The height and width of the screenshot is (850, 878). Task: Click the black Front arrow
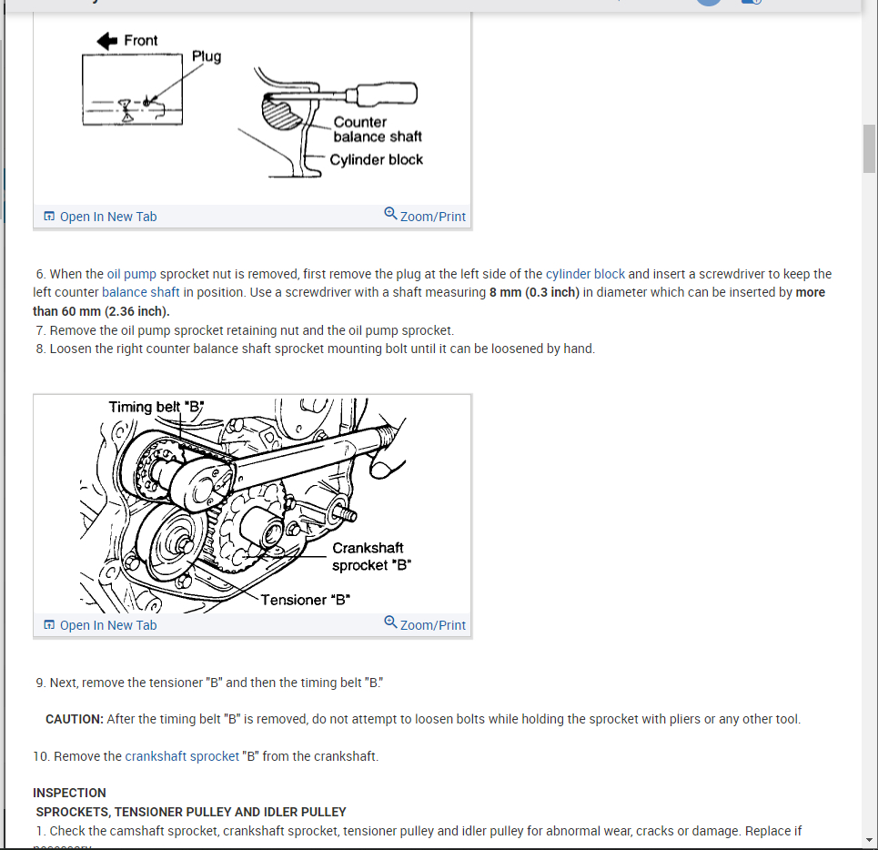point(107,40)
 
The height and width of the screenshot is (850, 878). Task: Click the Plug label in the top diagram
point(207,56)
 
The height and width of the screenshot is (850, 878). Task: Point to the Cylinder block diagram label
point(376,159)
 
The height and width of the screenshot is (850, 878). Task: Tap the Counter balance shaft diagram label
point(377,129)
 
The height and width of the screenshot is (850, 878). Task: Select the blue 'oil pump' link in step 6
point(132,274)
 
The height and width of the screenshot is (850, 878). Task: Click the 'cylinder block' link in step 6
point(585,274)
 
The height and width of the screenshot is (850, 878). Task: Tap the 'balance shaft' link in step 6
point(140,292)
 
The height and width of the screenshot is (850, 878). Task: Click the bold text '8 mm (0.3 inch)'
point(533,292)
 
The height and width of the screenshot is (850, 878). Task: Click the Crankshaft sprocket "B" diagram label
point(371,556)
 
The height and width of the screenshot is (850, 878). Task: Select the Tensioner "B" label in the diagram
point(306,600)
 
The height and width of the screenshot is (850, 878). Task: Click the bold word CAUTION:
point(75,719)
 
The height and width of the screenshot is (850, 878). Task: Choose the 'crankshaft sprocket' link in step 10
point(182,756)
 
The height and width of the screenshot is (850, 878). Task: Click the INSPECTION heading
point(69,793)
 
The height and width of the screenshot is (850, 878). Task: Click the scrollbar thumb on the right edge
point(869,147)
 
